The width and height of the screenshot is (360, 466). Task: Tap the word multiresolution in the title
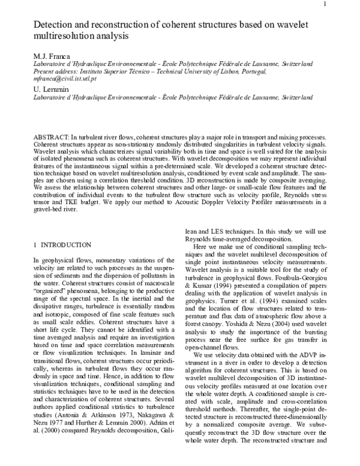tap(62, 36)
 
